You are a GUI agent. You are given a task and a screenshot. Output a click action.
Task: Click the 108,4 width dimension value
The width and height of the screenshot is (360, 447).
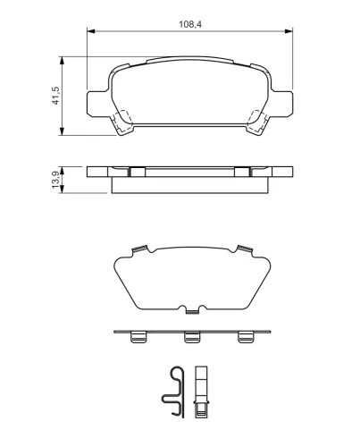tap(190, 24)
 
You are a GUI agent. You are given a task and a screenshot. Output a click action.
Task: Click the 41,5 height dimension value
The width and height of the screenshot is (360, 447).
tap(55, 96)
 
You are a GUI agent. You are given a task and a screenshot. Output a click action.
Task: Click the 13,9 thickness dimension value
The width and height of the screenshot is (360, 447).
tap(55, 180)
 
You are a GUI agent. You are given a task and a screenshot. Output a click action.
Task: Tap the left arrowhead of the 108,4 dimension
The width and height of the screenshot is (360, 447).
tap(91, 31)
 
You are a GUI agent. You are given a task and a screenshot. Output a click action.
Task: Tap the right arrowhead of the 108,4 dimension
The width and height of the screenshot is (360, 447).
tap(289, 31)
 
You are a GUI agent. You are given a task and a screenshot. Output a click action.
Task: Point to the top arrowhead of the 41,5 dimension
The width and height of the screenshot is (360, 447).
tap(62, 61)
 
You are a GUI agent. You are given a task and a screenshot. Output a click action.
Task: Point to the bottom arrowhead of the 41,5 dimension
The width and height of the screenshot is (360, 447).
tap(62, 131)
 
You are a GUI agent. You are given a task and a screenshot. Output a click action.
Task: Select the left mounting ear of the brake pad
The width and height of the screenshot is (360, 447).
tap(97, 104)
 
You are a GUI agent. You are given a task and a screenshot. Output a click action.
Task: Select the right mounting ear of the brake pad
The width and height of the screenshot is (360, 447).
tap(282, 104)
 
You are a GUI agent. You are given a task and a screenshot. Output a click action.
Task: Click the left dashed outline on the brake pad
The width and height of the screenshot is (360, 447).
tap(123, 122)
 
